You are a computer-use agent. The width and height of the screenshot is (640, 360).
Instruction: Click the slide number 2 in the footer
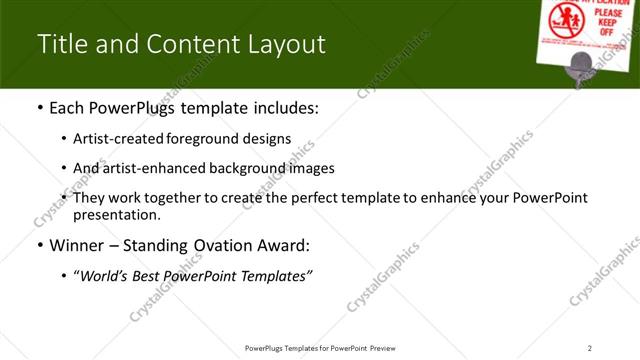(x=590, y=347)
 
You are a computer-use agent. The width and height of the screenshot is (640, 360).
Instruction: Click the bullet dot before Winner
(x=39, y=245)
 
